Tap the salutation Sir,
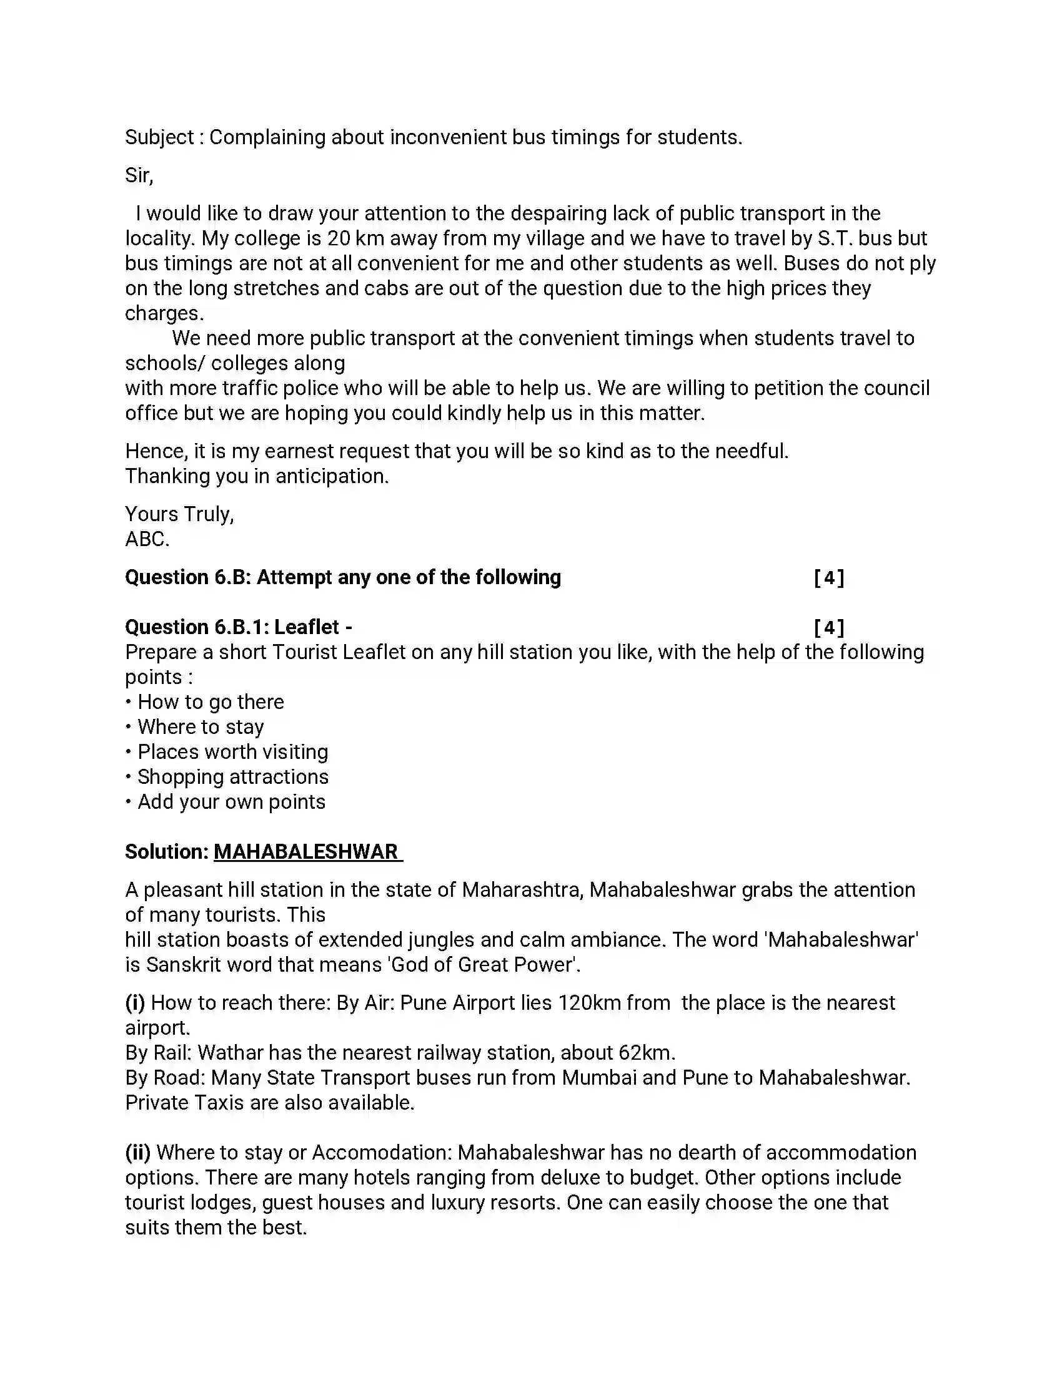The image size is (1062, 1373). [x=139, y=175]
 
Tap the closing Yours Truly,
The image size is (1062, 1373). [x=179, y=514]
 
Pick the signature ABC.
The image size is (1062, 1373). [x=147, y=539]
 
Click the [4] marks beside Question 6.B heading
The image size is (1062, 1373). [x=828, y=577]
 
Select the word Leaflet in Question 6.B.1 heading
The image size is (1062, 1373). [x=306, y=627]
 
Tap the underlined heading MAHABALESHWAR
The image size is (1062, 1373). [x=306, y=852]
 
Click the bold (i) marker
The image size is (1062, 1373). [x=136, y=1002]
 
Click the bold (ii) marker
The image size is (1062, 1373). [x=138, y=1152]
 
